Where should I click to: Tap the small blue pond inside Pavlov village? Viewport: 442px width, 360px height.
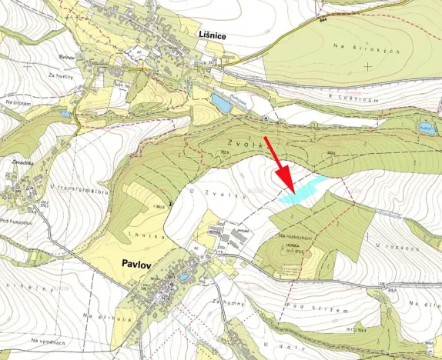point(183,278)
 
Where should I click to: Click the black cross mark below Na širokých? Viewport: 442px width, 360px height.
point(368,66)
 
